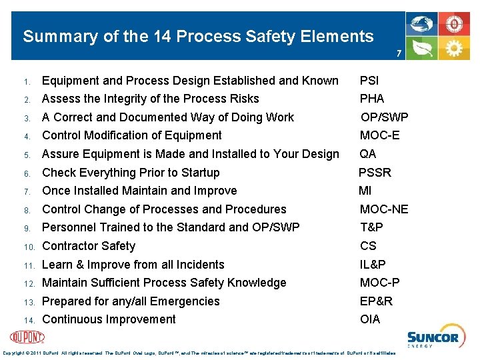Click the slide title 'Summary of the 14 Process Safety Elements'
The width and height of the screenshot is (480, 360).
pyautogui.click(x=198, y=36)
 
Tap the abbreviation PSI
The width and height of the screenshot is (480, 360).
pyautogui.click(x=369, y=81)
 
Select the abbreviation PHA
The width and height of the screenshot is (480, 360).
pyautogui.click(x=371, y=99)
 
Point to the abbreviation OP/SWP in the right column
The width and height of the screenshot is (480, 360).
pyautogui.click(x=384, y=117)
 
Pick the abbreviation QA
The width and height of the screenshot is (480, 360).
pyautogui.click(x=367, y=154)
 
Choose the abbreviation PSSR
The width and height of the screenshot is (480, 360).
pyautogui.click(x=375, y=173)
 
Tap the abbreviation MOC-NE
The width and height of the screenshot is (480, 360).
pyautogui.click(x=384, y=209)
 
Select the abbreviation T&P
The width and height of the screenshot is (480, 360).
pyautogui.click(x=371, y=227)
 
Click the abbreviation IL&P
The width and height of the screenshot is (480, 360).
pyautogui.click(x=373, y=265)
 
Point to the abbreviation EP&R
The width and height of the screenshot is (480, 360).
pyautogui.click(x=376, y=301)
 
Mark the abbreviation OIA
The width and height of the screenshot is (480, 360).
pyautogui.click(x=369, y=319)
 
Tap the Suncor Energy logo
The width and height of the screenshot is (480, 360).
pyautogui.click(x=432, y=338)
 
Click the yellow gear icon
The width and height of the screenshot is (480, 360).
pyautogui.click(x=455, y=48)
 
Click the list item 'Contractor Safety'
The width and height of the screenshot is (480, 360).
pyautogui.click(x=88, y=246)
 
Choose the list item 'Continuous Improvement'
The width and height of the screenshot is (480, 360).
pyautogui.click(x=109, y=319)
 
